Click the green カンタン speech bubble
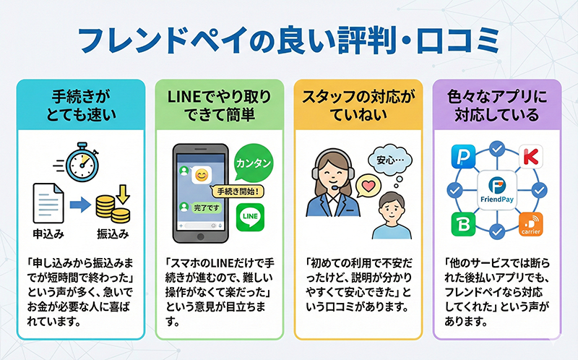[255, 163]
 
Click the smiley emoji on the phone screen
[202, 175]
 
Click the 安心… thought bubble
[388, 159]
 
